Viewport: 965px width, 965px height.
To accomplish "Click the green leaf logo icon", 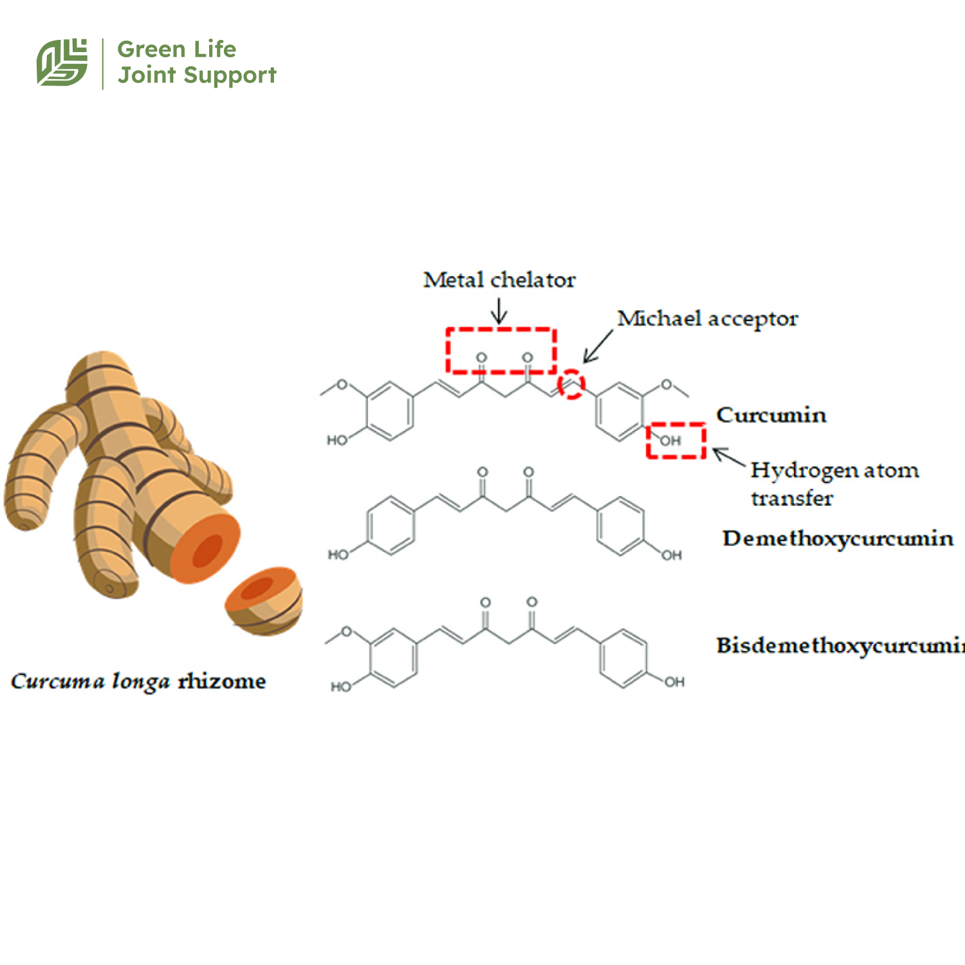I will click(62, 62).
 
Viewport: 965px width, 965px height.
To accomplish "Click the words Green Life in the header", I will click(176, 49).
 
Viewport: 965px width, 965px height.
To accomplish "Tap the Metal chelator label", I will click(499, 280).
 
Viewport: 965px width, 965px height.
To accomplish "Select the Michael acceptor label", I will click(707, 318).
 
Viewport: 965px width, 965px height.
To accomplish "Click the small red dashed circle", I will click(571, 385).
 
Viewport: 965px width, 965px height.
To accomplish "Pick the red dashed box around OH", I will click(675, 441).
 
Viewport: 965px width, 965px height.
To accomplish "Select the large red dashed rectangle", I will click(501, 351).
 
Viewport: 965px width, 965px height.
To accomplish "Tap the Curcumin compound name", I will click(771, 415).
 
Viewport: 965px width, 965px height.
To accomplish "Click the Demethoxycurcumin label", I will click(837, 538).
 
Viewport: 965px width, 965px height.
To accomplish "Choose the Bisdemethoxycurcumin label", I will click(840, 645).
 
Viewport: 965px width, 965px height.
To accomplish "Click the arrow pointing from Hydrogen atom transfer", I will click(729, 457).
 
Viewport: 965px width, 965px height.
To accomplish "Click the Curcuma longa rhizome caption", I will click(138, 681).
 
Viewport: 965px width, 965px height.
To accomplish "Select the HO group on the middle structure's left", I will click(338, 555).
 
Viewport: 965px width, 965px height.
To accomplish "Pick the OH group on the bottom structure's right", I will click(674, 682).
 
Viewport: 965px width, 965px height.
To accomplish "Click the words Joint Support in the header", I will click(197, 75).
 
